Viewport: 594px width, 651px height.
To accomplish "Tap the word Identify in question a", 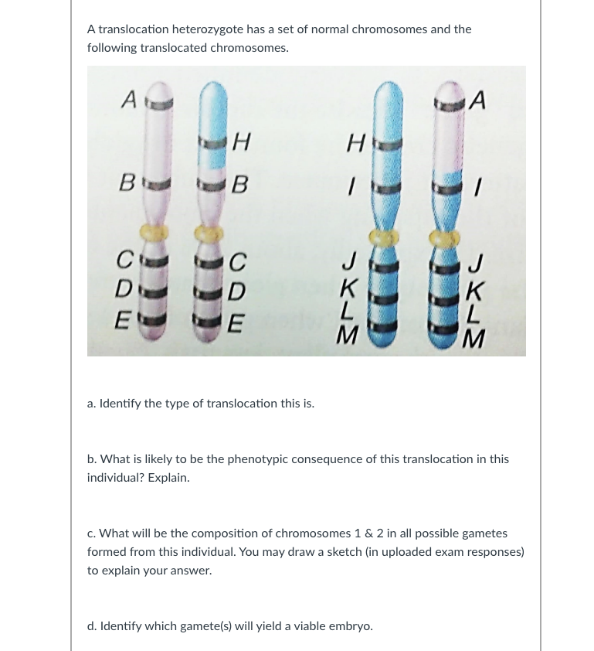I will click(x=121, y=404).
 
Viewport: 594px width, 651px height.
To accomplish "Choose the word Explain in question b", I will click(x=168, y=478).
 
